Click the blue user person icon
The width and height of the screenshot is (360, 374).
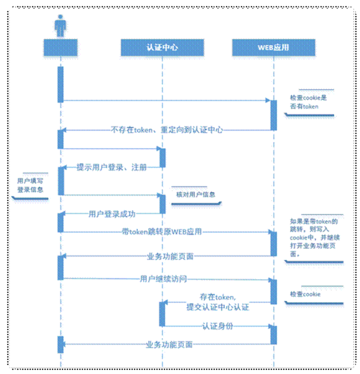click(60, 25)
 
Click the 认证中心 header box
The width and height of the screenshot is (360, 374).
click(162, 48)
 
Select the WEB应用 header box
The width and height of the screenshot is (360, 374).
click(273, 48)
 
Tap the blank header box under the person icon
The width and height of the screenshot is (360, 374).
click(60, 48)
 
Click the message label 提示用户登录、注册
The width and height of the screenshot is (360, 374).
click(111, 167)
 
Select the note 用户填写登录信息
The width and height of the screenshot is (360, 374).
click(30, 185)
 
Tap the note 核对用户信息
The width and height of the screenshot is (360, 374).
click(195, 194)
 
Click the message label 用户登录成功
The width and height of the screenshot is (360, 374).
click(111, 214)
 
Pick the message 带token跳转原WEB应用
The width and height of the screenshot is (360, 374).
click(162, 231)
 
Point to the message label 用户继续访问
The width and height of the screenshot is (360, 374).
click(163, 279)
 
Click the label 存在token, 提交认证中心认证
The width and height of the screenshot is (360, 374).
click(217, 301)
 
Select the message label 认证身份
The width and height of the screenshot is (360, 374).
click(217, 326)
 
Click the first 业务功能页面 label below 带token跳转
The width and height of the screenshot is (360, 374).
click(170, 256)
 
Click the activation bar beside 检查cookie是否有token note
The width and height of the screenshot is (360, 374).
click(273, 115)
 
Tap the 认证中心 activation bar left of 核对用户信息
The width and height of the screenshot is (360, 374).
click(162, 204)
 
